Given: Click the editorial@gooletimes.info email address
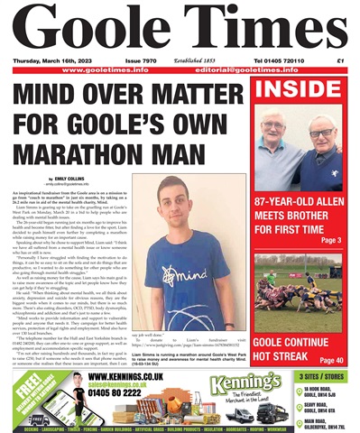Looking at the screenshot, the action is tap(289, 70).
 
